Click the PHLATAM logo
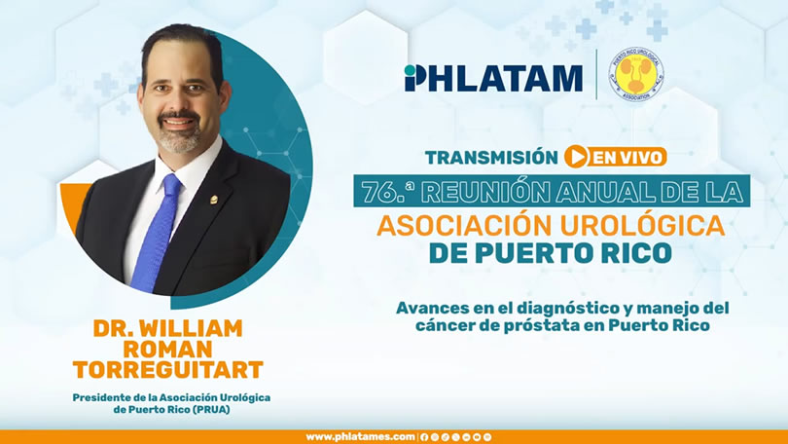493,78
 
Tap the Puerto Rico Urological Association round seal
635,74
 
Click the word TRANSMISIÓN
491,158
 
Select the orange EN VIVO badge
615,157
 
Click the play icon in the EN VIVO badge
576,157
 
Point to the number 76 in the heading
376,192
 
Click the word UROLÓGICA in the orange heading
642,225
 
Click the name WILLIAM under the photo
191,328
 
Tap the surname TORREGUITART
168,370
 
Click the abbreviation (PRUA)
211,410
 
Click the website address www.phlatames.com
360,437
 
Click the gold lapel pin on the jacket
214,201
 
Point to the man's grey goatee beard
179,135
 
